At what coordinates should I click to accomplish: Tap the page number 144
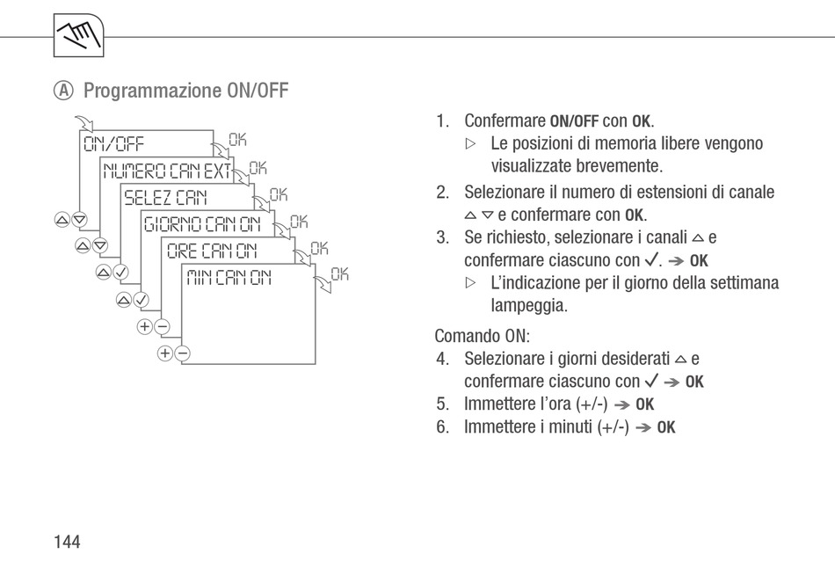[x=67, y=542]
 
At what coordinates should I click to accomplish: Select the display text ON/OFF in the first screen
[x=113, y=144]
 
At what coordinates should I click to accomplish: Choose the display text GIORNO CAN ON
[x=203, y=224]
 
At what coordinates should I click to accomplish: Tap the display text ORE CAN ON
[x=213, y=251]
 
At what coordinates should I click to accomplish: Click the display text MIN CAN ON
[x=229, y=279]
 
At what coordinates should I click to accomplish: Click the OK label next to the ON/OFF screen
[x=238, y=139]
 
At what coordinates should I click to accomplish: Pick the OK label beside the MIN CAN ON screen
[x=339, y=274]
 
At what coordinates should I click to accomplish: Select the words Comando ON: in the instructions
[x=483, y=336]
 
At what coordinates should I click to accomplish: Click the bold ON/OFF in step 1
[x=574, y=120]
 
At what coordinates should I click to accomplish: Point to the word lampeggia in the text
[x=529, y=306]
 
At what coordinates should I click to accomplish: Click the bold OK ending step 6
[x=666, y=427]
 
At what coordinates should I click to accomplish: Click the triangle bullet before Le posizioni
[x=470, y=143]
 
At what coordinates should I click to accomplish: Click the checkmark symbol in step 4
[x=651, y=381]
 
